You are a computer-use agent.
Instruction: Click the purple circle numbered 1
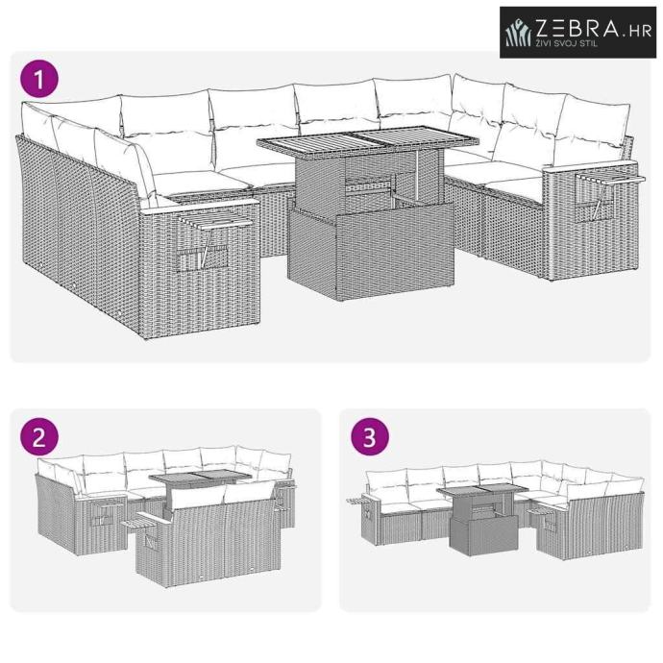click(38, 79)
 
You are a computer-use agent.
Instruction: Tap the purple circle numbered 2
click(38, 436)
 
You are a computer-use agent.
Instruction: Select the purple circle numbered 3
click(370, 436)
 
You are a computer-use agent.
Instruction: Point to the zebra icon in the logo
click(518, 33)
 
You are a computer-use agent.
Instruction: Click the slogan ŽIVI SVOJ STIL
click(567, 43)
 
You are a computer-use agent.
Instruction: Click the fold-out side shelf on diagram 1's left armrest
click(216, 221)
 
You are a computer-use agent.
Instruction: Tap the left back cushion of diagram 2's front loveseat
click(198, 497)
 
